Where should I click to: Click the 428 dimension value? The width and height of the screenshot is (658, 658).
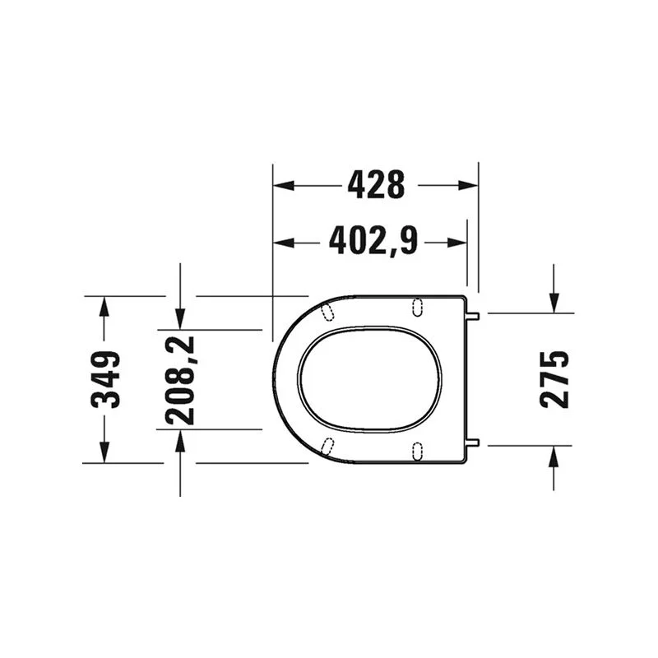[x=376, y=185]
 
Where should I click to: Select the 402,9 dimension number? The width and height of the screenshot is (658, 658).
[x=373, y=241]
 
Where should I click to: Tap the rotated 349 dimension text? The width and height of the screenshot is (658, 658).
[x=105, y=379]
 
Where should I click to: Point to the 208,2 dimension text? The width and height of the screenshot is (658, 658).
[x=180, y=379]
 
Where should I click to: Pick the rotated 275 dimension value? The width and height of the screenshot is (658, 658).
[x=554, y=379]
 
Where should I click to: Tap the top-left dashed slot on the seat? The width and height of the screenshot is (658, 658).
[x=328, y=311]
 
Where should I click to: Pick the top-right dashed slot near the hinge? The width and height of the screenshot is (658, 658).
[x=417, y=306]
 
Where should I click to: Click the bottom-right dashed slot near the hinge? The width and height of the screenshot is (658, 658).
[x=417, y=451]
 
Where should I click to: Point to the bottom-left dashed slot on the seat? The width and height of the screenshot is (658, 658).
[x=328, y=447]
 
